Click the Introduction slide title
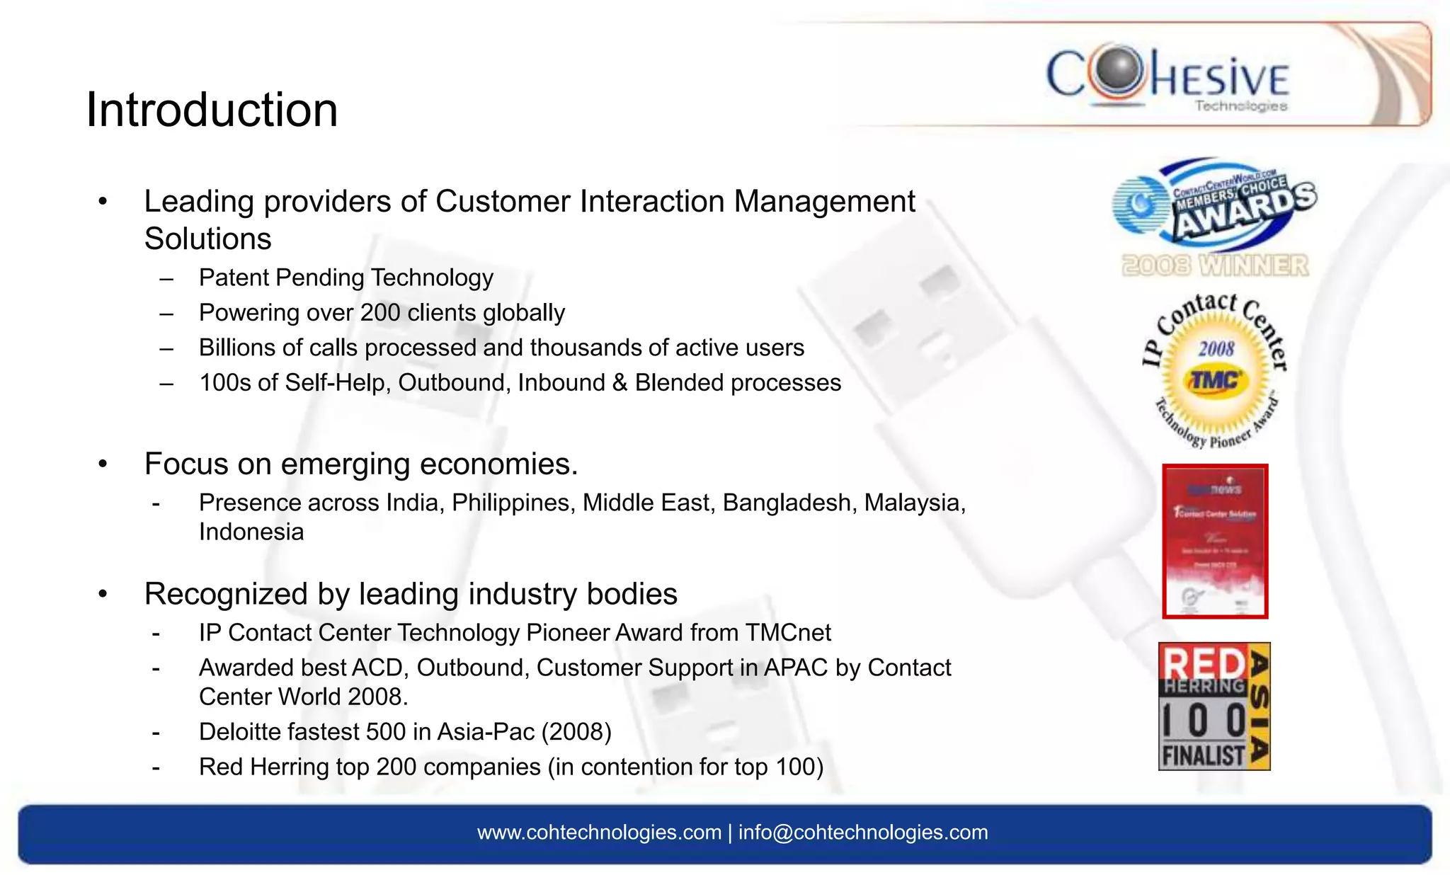212,110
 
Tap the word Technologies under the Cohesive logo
1240,106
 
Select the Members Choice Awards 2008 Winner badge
1215,216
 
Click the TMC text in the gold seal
1215,381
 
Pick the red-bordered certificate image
1215,542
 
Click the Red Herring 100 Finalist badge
1214,707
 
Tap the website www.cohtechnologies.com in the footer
599,833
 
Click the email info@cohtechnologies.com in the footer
863,833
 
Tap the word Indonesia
251,532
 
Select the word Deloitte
241,732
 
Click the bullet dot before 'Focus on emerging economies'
103,464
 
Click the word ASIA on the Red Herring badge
1259,707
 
